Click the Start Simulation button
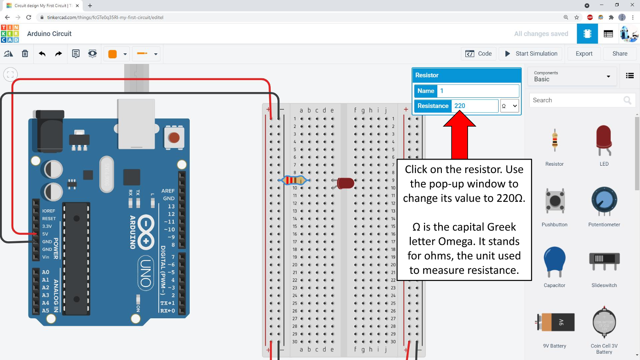[531, 54]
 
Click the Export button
[584, 54]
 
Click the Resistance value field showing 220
[474, 106]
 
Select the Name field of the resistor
[478, 91]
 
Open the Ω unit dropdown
[509, 106]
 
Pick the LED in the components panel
[604, 141]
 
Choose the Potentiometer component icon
[604, 201]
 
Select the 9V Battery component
[555, 322]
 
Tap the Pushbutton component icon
[555, 201]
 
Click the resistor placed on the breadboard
[294, 180]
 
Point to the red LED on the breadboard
[345, 183]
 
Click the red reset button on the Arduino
[174, 137]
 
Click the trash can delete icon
[25, 54]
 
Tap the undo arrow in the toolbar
[42, 54]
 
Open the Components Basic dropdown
[572, 76]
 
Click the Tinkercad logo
[10, 34]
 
